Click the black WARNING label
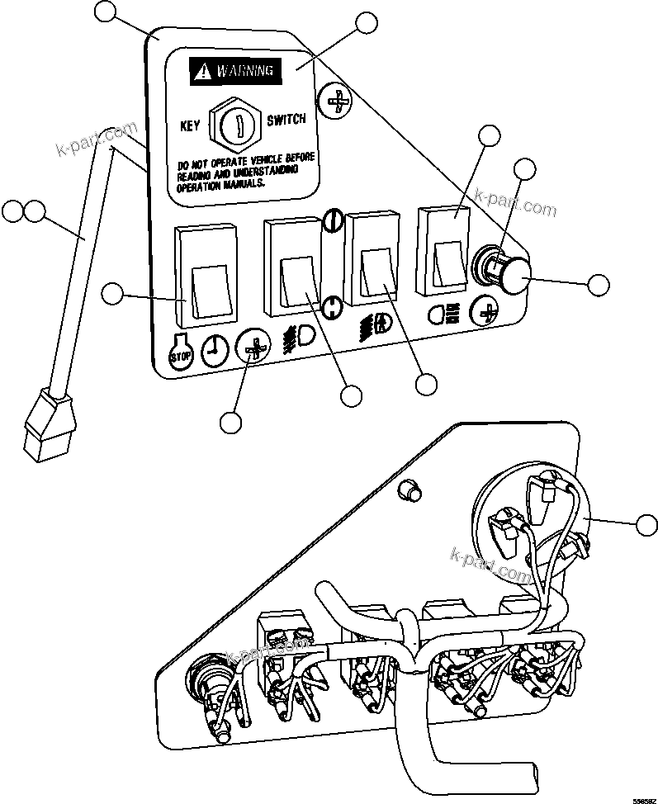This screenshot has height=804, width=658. click(235, 72)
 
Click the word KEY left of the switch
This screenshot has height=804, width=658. click(191, 127)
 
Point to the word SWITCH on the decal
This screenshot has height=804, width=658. click(286, 120)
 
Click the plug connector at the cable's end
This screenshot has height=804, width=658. click(48, 426)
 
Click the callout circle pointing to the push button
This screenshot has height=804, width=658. click(599, 286)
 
